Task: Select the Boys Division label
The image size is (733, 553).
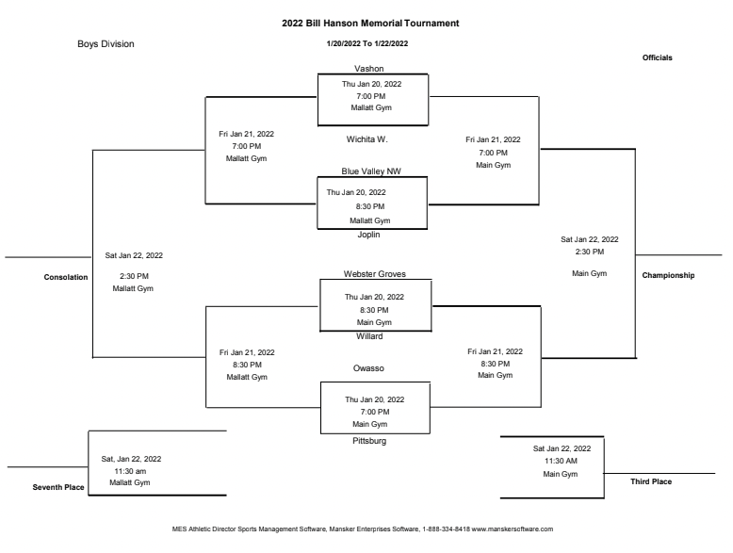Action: pyautogui.click(x=106, y=43)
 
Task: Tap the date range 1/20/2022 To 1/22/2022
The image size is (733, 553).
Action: pyautogui.click(x=367, y=43)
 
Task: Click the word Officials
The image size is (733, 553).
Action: pyautogui.click(x=657, y=57)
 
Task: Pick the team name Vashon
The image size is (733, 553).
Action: pyautogui.click(x=368, y=69)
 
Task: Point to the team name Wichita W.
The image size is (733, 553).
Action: pyautogui.click(x=367, y=138)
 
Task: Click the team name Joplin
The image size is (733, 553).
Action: pyautogui.click(x=368, y=234)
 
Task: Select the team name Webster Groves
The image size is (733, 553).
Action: pyautogui.click(x=374, y=274)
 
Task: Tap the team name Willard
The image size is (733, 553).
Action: pyautogui.click(x=369, y=335)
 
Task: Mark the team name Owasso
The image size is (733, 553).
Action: pyautogui.click(x=369, y=368)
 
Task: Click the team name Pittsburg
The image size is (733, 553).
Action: pyautogui.click(x=368, y=440)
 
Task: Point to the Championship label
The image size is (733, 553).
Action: pyautogui.click(x=668, y=276)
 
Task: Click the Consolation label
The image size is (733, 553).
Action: pyautogui.click(x=66, y=277)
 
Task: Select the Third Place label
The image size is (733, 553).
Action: pyautogui.click(x=651, y=481)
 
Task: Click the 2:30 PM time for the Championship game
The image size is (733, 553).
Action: pyautogui.click(x=589, y=252)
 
